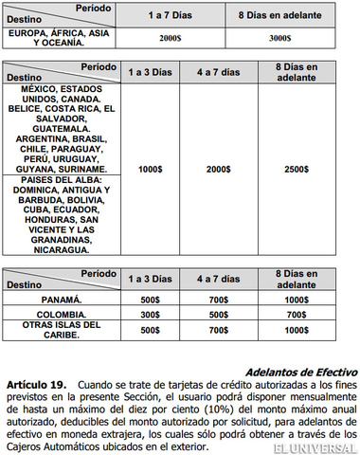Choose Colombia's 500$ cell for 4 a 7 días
(x=219, y=314)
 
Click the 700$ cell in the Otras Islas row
(x=219, y=331)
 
